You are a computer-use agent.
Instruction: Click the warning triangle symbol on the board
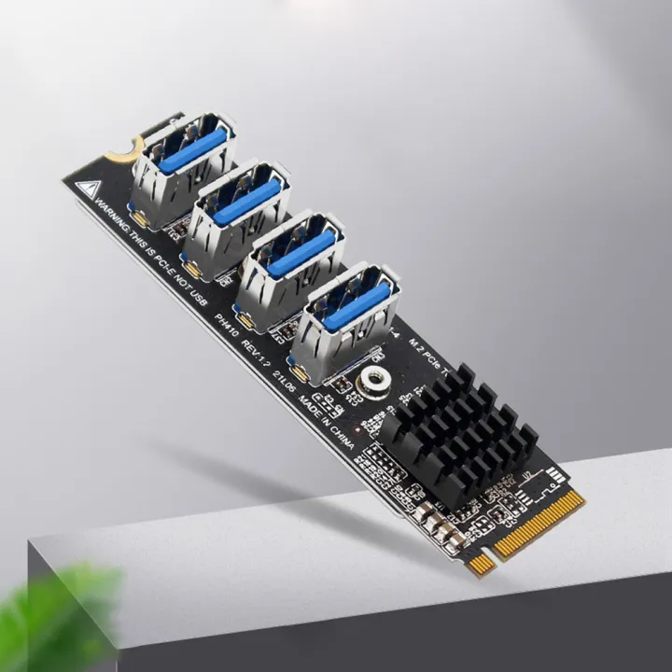click(87, 187)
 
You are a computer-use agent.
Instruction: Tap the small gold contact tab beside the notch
click(481, 565)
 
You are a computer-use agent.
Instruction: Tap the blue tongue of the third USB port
click(301, 253)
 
